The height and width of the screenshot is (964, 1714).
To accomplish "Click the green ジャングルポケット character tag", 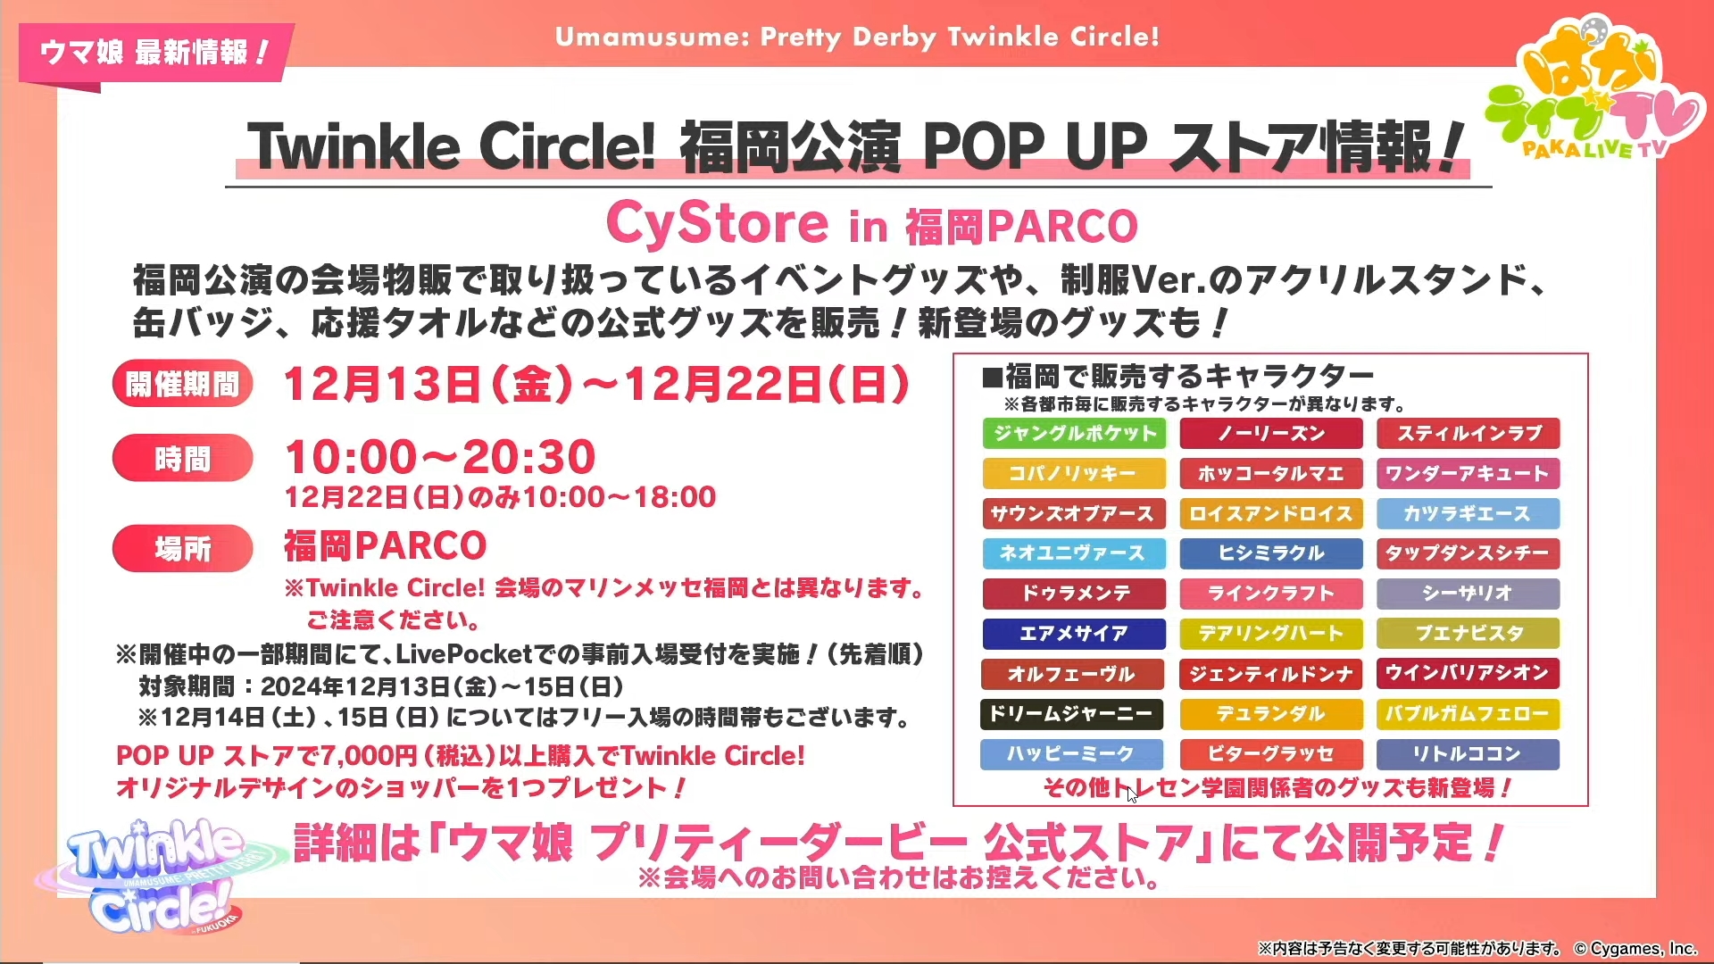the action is tap(1074, 434).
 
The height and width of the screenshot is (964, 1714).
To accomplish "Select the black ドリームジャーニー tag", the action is tap(1072, 714).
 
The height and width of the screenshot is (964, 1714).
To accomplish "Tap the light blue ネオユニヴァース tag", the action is tap(1074, 553).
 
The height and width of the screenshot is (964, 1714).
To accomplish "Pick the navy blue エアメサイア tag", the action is tap(1074, 634).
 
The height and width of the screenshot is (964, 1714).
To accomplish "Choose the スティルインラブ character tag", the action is tap(1469, 434).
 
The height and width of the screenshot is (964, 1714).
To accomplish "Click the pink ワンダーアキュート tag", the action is tap(1469, 474).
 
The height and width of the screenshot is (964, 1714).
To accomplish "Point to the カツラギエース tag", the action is tap(1469, 514).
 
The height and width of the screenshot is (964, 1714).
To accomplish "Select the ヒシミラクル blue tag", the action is tap(1271, 553).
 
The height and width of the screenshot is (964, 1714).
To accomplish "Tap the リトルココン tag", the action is tap(1469, 754).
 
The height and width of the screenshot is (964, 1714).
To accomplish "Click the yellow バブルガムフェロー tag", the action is tap(1469, 714).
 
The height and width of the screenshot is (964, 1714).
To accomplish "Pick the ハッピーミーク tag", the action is tap(1072, 754).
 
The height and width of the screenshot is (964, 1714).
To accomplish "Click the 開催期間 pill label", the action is tap(183, 385).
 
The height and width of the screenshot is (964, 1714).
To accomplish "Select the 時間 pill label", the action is tap(183, 459).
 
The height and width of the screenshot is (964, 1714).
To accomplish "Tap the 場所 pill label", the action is tap(183, 548).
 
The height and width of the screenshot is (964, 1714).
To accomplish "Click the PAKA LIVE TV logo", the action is tap(1594, 89).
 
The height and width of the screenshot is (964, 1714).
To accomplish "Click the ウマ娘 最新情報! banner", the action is tap(154, 53).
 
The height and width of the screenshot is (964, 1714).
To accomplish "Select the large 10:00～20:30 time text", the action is tap(440, 457).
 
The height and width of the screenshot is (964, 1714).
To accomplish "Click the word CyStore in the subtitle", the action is tap(718, 223).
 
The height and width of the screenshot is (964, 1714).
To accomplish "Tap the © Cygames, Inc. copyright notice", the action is tap(1635, 948).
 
